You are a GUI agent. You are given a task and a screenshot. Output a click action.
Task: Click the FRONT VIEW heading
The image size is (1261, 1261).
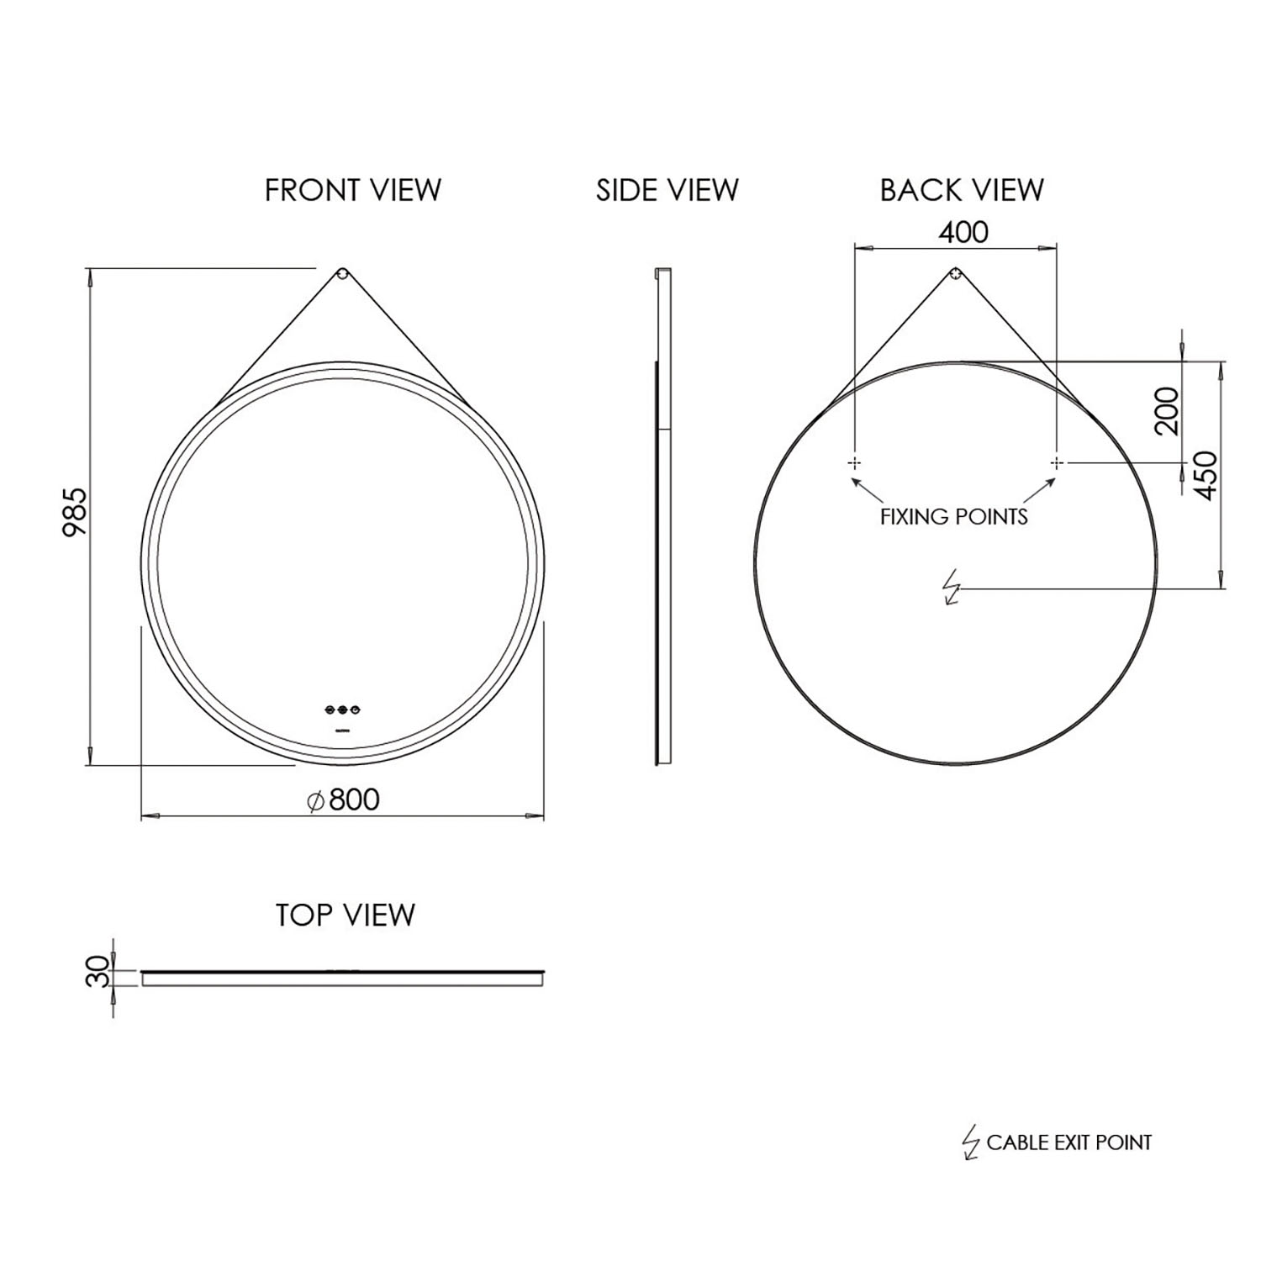(352, 191)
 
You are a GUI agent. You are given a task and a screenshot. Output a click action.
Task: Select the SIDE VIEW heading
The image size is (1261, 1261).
(667, 191)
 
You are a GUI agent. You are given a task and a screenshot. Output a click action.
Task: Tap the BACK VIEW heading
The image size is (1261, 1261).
(961, 191)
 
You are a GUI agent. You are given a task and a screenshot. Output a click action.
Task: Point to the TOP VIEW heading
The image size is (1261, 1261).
(345, 915)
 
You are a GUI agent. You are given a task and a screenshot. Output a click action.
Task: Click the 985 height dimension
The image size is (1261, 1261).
(75, 513)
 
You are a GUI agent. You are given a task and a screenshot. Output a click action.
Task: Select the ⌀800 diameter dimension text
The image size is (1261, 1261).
(343, 799)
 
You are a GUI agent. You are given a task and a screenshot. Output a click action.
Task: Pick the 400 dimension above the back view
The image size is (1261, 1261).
(963, 232)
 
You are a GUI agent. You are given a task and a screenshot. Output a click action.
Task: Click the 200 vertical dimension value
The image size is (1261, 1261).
(1166, 410)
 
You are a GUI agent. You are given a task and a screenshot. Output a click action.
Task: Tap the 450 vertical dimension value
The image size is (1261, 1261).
(1206, 476)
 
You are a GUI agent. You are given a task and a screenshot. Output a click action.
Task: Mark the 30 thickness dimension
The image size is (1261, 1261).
(99, 972)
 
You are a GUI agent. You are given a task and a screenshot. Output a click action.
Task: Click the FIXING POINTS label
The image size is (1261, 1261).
(953, 516)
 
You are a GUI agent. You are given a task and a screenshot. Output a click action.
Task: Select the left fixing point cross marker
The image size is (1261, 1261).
(854, 462)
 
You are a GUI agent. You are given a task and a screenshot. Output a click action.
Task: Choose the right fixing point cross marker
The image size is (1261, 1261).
(1057, 462)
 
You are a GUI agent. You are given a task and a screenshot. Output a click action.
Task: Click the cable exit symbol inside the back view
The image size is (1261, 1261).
(952, 588)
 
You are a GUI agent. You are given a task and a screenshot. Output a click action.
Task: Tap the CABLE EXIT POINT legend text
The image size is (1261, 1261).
(1068, 1142)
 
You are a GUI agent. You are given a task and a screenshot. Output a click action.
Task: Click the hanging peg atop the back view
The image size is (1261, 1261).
(956, 273)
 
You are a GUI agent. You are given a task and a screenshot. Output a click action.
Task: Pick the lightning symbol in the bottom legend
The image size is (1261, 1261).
(971, 1143)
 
